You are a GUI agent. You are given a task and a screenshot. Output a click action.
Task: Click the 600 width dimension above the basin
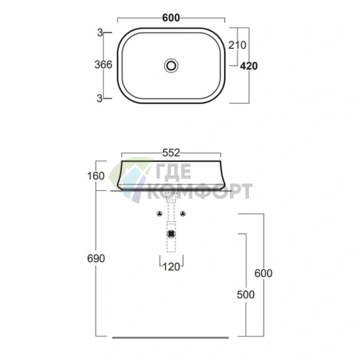pyautogui.click(x=171, y=18)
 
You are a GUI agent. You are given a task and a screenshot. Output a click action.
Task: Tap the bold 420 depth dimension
pyautogui.click(x=249, y=66)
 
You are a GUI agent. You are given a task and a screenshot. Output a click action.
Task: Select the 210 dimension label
pyautogui.click(x=237, y=45)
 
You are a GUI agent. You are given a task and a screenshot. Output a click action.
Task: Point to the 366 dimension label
pyautogui.click(x=103, y=65)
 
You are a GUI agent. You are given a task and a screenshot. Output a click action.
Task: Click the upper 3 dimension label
pyautogui.click(x=100, y=33)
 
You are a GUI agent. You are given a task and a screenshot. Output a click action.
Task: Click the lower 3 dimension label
pyautogui.click(x=99, y=99)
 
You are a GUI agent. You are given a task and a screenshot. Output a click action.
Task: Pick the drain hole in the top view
pyautogui.click(x=171, y=65)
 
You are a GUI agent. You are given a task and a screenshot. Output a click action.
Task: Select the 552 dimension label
pyautogui.click(x=171, y=153)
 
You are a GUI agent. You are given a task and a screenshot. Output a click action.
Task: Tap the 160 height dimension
pyautogui.click(x=96, y=176)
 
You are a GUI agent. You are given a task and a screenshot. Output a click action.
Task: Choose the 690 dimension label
pyautogui.click(x=96, y=258)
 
